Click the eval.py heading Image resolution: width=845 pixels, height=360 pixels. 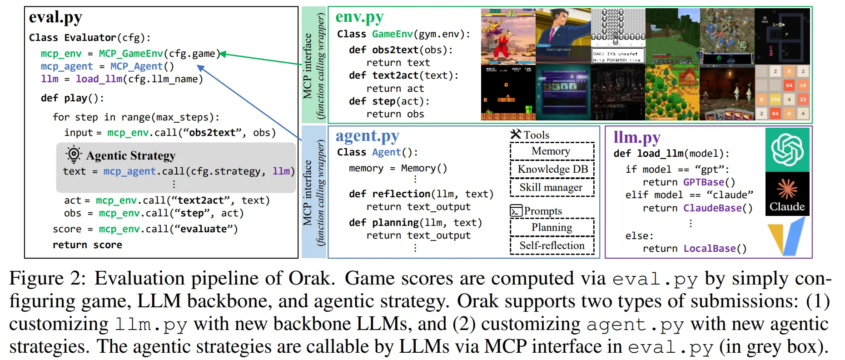tap(55, 18)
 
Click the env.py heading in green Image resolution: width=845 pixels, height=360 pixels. tap(359, 17)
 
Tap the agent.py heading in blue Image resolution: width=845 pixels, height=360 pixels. tap(367, 136)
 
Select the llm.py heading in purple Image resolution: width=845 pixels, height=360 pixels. tap(636, 137)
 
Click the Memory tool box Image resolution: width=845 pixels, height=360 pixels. tap(552, 151)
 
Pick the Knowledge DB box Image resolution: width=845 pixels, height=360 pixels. tap(552, 170)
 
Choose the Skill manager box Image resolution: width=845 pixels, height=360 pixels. tap(552, 188)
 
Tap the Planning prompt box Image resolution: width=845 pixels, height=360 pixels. tap(552, 227)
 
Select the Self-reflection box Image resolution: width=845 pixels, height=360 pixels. tap(552, 246)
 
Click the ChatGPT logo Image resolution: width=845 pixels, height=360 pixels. tap(787, 150)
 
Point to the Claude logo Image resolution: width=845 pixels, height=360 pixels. tap(787, 194)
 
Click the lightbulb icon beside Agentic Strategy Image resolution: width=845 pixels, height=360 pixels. tap(74, 155)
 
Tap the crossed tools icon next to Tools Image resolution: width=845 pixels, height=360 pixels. tap(516, 134)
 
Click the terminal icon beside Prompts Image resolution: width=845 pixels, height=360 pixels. tap(516, 211)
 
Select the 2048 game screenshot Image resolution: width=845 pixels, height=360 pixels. tap(782, 92)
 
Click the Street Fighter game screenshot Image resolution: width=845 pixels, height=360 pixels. tap(508, 36)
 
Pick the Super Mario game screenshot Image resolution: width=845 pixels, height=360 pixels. tap(508, 92)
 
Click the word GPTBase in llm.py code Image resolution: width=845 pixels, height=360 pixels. tap(704, 182)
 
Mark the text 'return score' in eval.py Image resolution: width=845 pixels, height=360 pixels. tap(87, 245)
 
